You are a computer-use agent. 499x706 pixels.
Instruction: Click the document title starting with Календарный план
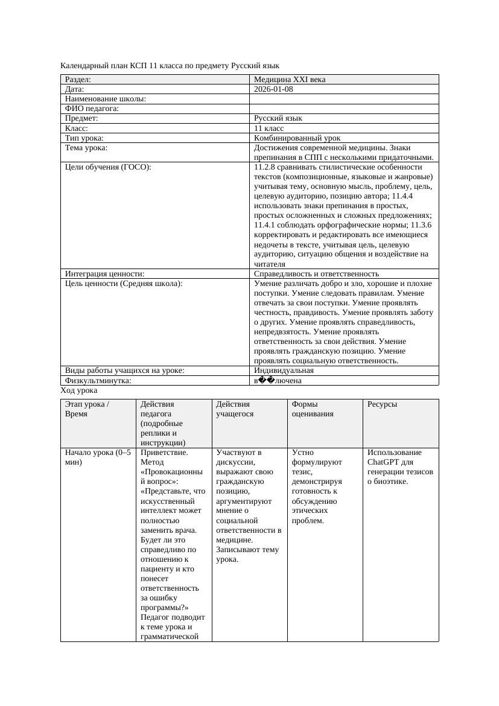(170, 65)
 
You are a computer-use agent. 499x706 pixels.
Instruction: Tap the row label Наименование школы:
(106, 99)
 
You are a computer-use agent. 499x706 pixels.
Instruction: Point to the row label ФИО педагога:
(92, 109)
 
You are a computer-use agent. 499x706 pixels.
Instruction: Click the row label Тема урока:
(86, 148)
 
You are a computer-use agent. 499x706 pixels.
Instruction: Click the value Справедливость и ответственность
(316, 274)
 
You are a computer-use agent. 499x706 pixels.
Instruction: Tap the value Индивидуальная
(284, 370)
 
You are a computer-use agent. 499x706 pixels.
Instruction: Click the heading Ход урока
(79, 390)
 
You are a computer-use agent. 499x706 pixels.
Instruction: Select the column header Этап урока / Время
(87, 409)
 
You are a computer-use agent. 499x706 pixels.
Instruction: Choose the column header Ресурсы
(382, 404)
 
